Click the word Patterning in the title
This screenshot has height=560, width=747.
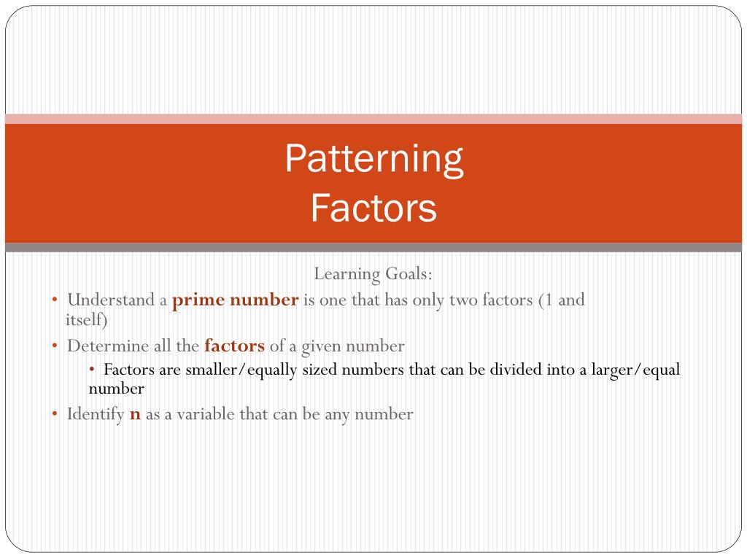point(373,160)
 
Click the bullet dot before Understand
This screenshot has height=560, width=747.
point(55,300)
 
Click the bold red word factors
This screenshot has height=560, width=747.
point(234,346)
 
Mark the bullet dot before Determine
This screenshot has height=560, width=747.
point(55,346)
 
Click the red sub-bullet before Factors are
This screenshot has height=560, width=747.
point(92,369)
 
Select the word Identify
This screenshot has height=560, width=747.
point(95,415)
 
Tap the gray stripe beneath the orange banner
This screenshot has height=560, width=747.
point(373,247)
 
